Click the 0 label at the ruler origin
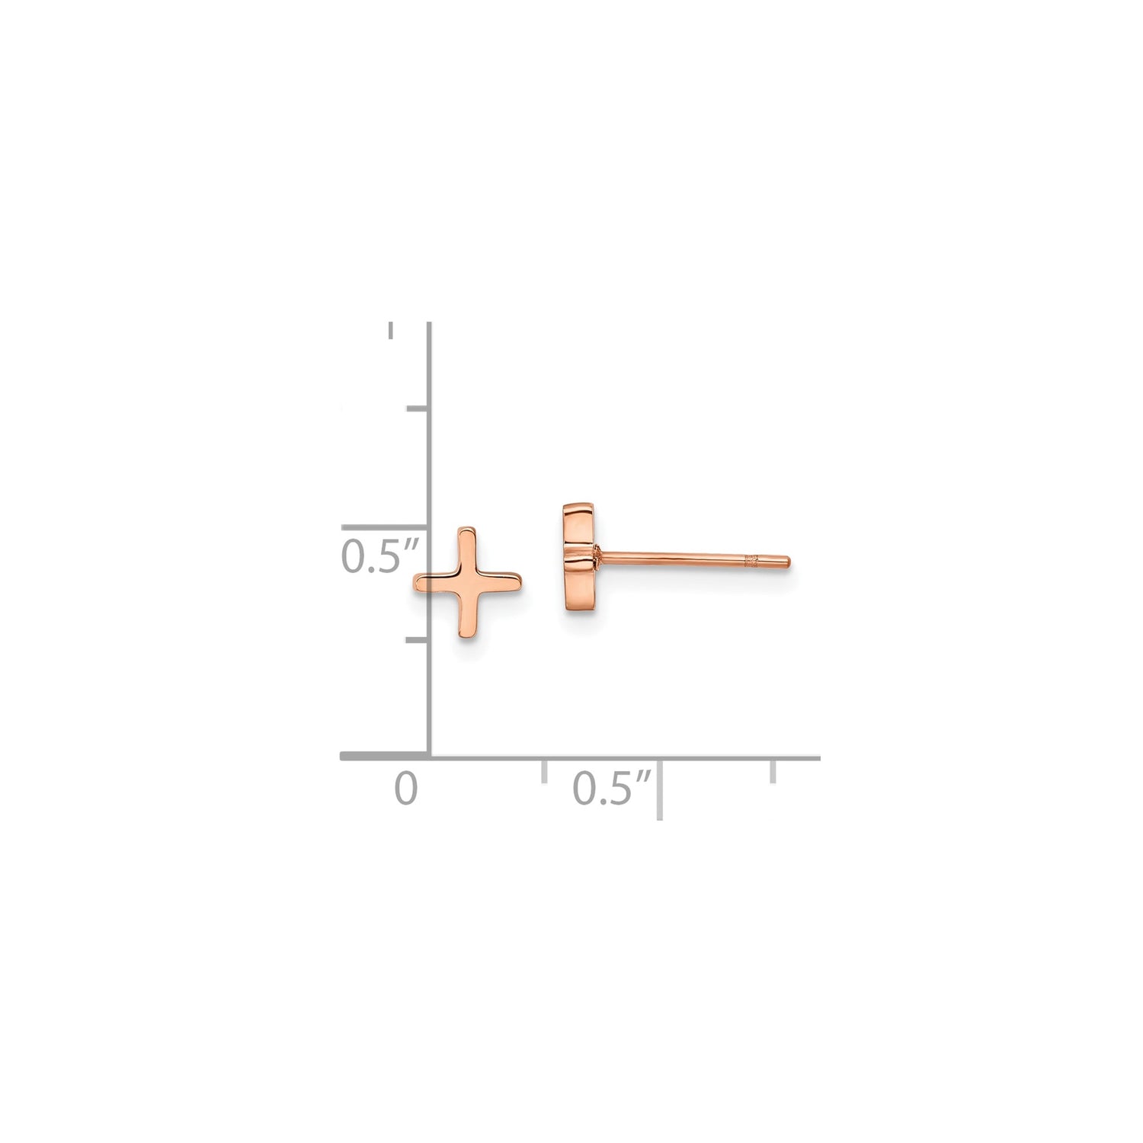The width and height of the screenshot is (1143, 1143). click(x=406, y=789)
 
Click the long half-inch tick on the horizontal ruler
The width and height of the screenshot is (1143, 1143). click(x=659, y=789)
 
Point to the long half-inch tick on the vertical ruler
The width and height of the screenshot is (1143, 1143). click(x=385, y=527)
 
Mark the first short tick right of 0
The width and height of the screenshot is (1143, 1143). click(x=544, y=770)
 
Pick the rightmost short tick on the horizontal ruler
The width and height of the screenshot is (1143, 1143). click(x=773, y=770)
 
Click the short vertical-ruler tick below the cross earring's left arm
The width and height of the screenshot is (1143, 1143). click(x=418, y=640)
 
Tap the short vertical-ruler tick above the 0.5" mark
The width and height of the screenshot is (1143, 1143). click(x=418, y=410)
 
